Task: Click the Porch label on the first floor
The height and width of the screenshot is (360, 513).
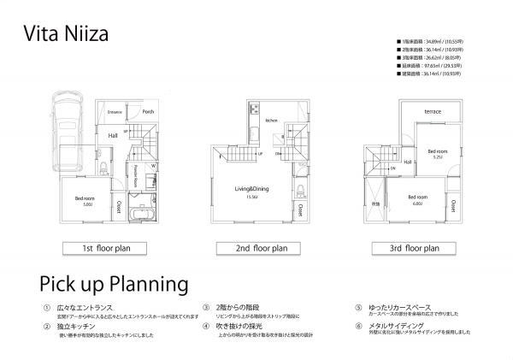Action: coord(148,111)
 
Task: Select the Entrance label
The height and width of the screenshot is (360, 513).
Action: coord(115,112)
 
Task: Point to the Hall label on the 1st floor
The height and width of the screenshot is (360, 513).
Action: coord(113,135)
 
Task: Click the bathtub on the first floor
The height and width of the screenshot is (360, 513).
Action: coord(139,208)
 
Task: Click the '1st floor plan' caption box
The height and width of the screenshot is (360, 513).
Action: coord(100,249)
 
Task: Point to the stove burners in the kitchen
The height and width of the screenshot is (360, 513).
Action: coord(254,111)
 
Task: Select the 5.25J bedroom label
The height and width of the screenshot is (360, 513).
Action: coord(437,152)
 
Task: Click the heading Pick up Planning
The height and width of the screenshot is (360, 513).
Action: coord(114,282)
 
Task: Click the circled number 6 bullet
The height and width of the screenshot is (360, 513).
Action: coord(358,326)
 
